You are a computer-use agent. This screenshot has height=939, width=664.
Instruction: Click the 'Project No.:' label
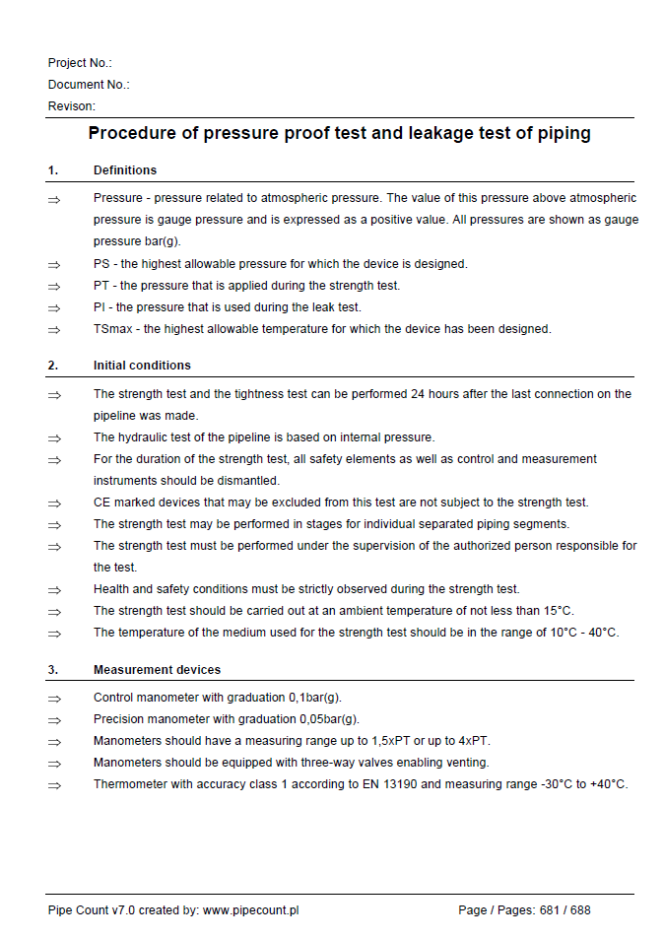pos(80,63)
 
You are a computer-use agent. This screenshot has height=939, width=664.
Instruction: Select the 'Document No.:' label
pos(89,85)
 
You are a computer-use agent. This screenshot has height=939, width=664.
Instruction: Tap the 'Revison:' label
pos(72,106)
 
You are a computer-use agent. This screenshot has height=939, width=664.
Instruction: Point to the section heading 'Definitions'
pos(125,170)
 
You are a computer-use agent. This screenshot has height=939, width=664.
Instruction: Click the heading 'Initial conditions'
pos(142,366)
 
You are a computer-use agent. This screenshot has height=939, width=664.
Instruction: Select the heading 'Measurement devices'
pos(157,670)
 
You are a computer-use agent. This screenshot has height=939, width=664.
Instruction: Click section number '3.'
pos(53,670)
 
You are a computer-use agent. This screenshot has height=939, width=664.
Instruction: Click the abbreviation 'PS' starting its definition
pos(101,264)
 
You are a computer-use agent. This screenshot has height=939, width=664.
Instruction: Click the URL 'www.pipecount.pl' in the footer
pos(250,910)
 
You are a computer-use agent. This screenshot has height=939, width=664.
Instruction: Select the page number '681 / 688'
pos(564,910)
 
